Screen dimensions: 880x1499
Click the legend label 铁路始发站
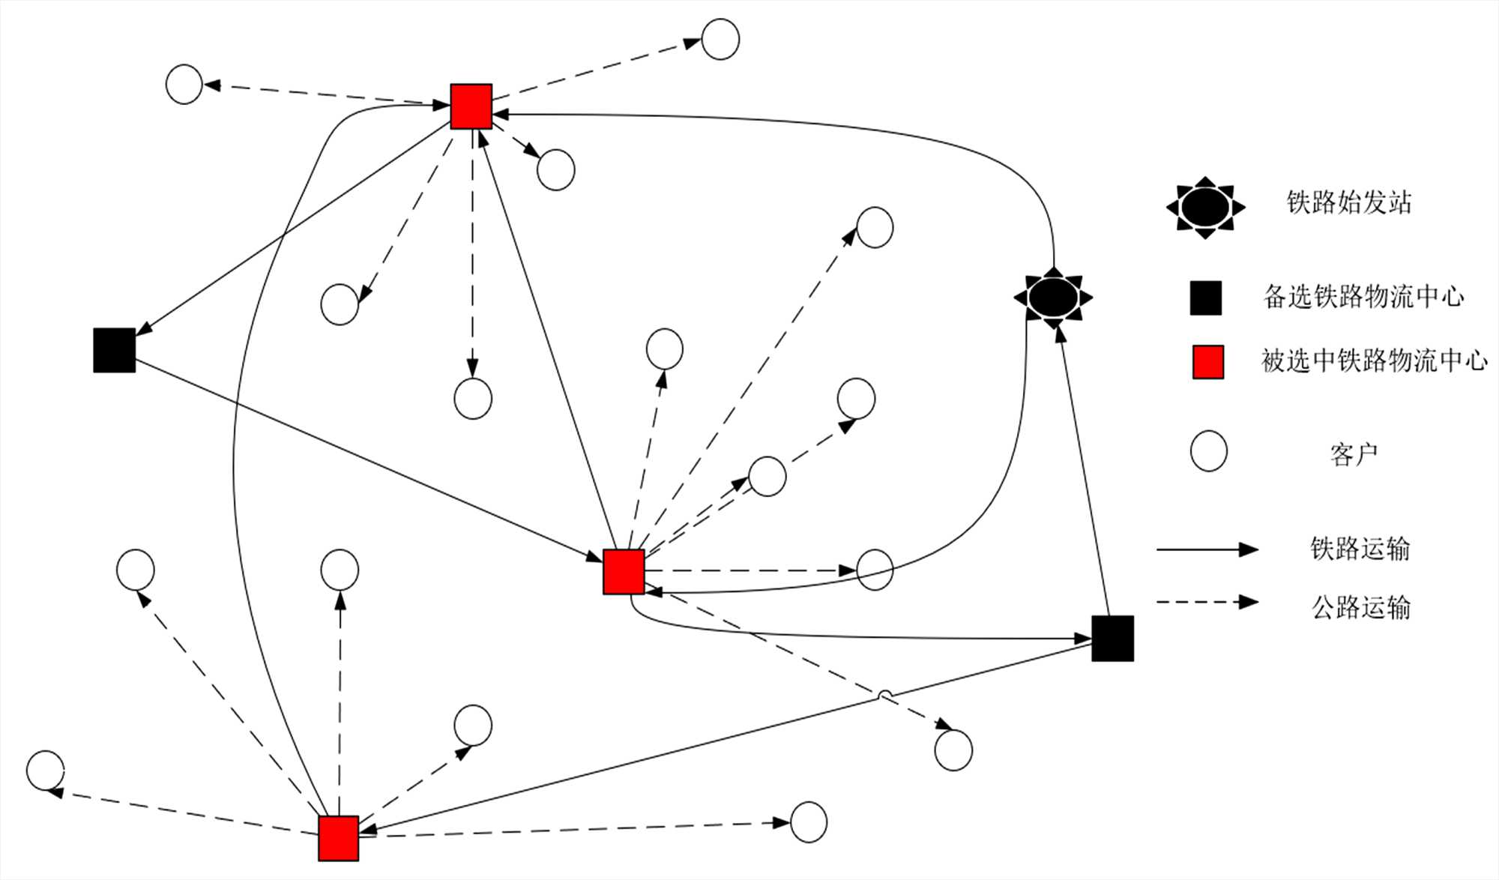click(1348, 202)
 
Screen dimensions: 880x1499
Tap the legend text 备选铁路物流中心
click(1363, 297)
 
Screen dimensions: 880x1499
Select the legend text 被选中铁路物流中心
click(1374, 361)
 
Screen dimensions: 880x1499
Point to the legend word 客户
click(1354, 454)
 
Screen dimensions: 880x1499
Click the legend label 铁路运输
click(1360, 549)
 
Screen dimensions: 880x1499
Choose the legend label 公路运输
click(1360, 606)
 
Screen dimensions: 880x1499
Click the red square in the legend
click(1207, 362)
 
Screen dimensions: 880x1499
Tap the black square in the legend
click(1206, 298)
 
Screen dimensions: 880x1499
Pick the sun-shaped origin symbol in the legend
click(1205, 208)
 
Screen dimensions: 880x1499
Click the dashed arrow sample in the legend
click(1207, 602)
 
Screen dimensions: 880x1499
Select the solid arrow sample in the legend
click(1207, 549)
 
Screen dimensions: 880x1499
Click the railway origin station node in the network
click(1053, 298)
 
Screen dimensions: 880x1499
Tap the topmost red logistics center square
click(471, 106)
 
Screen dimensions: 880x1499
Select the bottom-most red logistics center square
click(338, 838)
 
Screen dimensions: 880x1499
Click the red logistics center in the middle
click(624, 571)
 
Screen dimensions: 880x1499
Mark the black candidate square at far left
click(115, 350)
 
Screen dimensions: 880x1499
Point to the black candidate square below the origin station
click(1112, 639)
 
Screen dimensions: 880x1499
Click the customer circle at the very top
click(720, 39)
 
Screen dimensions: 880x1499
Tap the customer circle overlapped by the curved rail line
click(875, 570)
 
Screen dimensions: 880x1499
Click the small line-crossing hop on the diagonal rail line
click(885, 696)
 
